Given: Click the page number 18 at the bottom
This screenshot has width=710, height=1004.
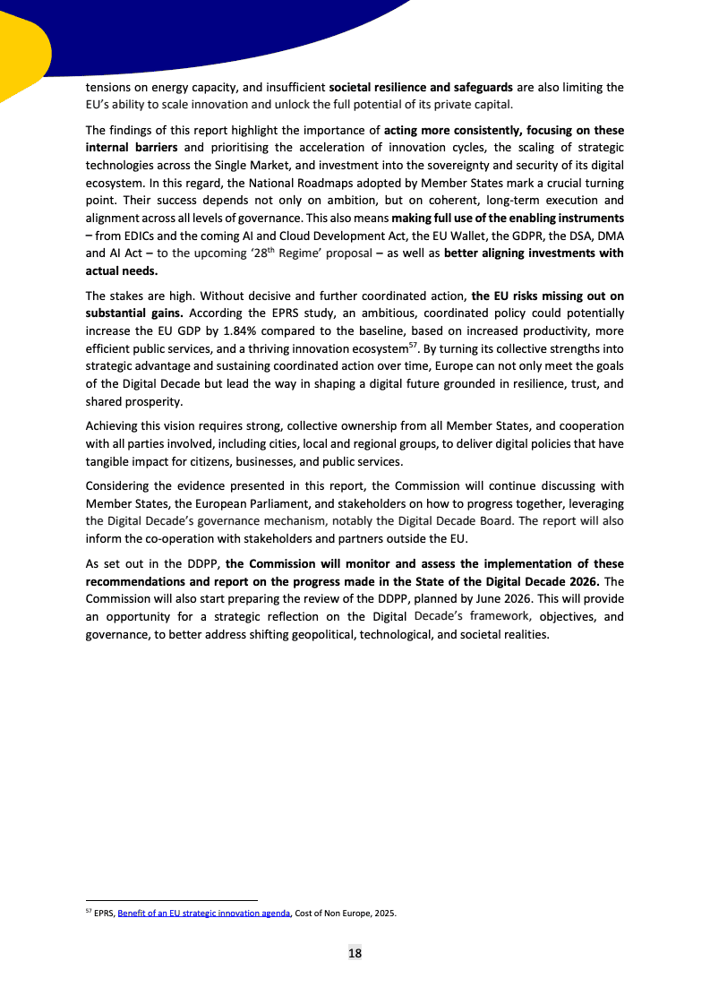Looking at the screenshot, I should point(355,953).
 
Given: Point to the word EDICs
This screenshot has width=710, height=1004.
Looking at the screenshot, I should point(146,236).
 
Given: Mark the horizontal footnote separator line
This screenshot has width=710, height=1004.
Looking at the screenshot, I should point(171,899).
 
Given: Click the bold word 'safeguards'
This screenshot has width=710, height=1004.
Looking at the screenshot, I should point(480,88).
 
